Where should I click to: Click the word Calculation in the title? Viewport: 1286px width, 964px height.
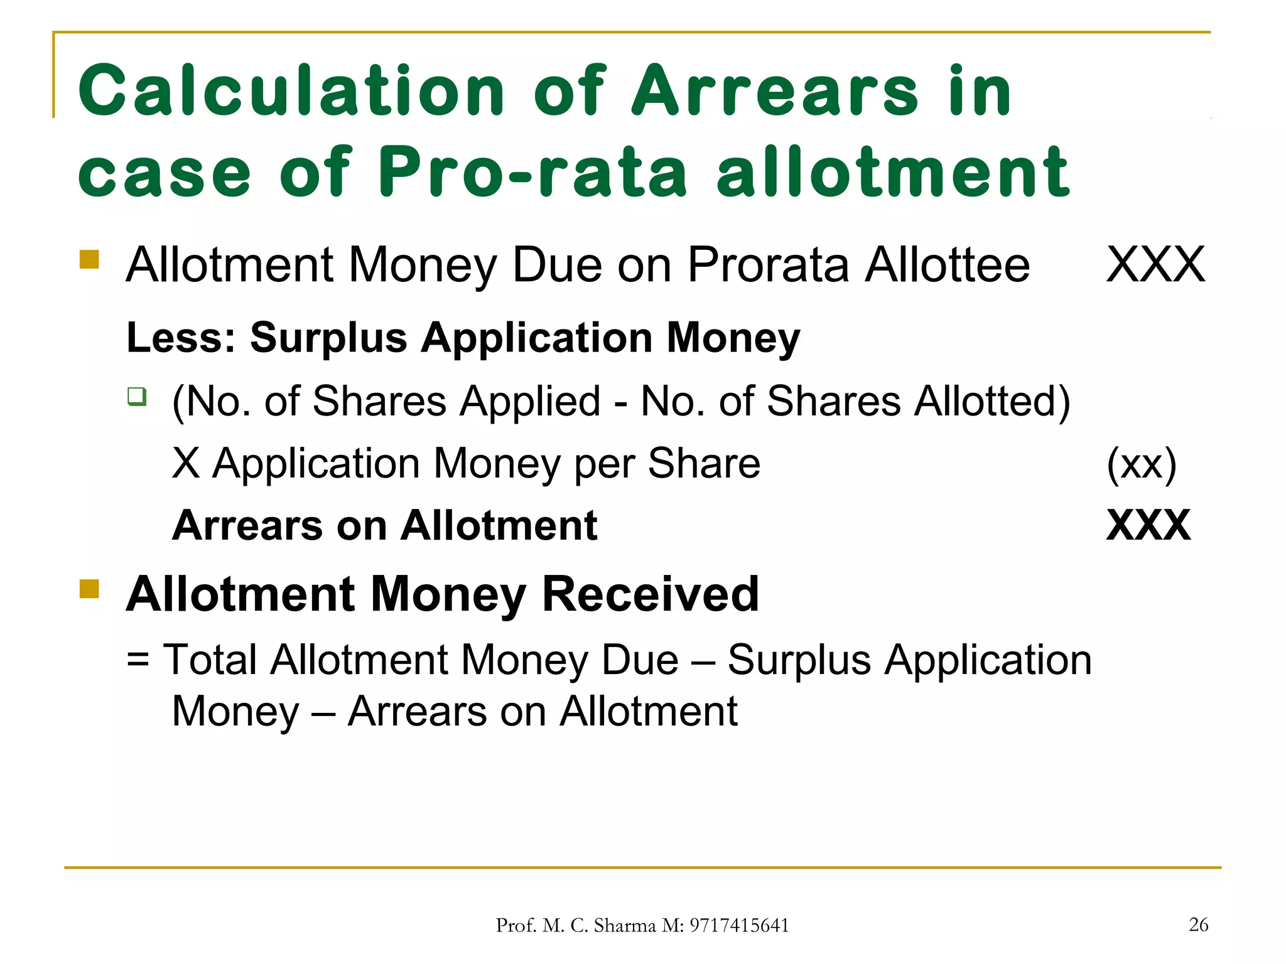click(291, 92)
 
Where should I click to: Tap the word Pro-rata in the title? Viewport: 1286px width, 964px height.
click(533, 171)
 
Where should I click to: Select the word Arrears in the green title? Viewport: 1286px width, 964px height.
click(775, 92)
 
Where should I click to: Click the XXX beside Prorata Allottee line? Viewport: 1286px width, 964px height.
click(1155, 265)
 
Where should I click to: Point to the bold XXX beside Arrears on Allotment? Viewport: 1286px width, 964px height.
click(1148, 525)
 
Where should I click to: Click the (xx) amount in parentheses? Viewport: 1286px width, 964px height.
click(1141, 465)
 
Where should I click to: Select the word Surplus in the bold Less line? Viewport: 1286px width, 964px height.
click(328, 338)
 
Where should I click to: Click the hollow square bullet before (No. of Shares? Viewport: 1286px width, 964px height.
click(137, 397)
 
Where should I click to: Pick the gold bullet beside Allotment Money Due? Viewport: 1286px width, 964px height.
click(89, 259)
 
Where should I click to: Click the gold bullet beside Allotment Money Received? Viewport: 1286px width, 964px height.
click(89, 589)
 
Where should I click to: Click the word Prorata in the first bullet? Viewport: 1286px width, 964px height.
click(767, 265)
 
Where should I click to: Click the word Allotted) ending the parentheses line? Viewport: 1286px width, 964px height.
click(992, 402)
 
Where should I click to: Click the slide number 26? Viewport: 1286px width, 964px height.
click(1198, 924)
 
